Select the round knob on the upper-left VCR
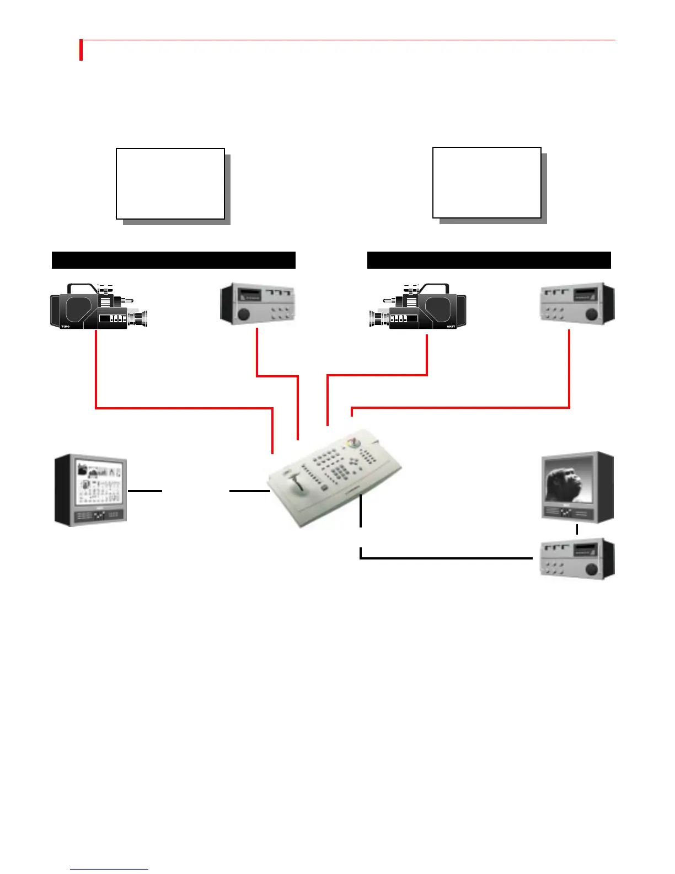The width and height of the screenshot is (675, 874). point(243,314)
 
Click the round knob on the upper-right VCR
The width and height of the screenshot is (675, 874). point(592,314)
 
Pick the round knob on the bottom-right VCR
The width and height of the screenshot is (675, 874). point(592,568)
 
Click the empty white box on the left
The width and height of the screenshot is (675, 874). point(170,184)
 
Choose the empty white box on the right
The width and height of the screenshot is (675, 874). point(487,183)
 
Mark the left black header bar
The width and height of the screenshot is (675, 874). point(174,260)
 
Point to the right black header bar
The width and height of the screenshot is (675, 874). point(489,260)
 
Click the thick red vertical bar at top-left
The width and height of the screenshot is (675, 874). point(81,50)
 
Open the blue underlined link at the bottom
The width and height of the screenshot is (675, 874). point(109,869)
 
